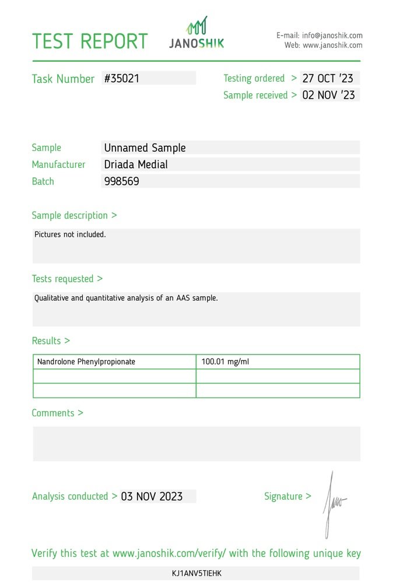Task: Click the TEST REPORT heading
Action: (90, 41)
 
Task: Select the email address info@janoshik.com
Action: (332, 36)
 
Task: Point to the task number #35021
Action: (122, 78)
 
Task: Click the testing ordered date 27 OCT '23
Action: (328, 78)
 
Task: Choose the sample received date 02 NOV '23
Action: (328, 95)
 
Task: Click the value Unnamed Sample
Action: (145, 148)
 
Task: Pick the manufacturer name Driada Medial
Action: (136, 164)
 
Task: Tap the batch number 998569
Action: (121, 181)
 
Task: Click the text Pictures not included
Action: (70, 235)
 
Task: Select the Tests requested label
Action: (67, 279)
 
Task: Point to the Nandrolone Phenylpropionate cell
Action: (86, 362)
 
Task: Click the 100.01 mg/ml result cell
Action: (225, 362)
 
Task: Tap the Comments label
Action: (57, 413)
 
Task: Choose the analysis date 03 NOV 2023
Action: (152, 497)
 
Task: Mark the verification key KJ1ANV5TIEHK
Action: (197, 574)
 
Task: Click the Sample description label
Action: (74, 215)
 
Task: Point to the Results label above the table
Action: (51, 341)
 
